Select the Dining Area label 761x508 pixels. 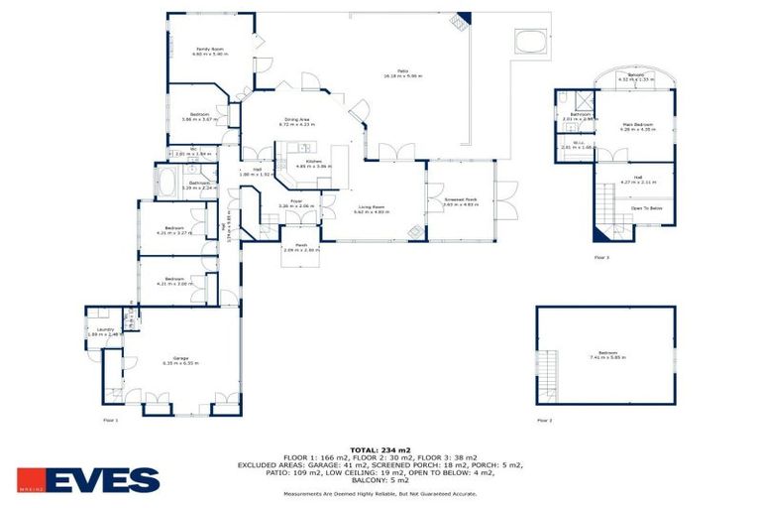(298, 122)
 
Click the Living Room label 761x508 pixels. (372, 210)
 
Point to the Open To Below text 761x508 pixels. (646, 208)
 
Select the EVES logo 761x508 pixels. (88, 480)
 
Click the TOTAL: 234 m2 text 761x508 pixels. (380, 449)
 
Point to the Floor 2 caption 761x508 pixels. (544, 420)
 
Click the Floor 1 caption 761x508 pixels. (111, 420)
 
